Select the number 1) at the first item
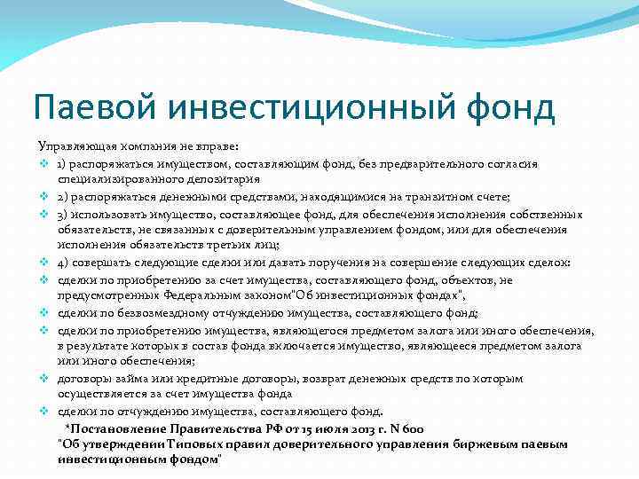coord(65,163)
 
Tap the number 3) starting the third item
coord(65,213)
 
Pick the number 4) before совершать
coord(65,263)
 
